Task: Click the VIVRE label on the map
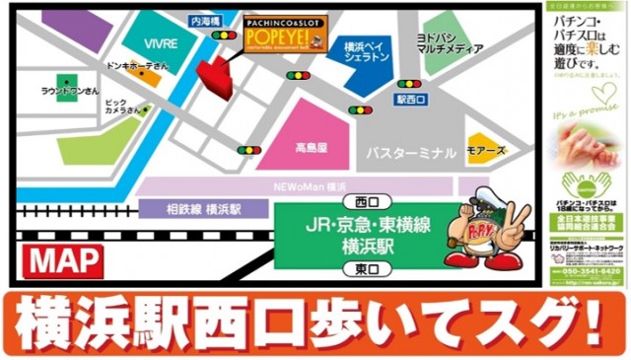tap(160, 44)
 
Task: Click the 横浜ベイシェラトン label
tap(368, 50)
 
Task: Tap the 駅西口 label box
tap(409, 99)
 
